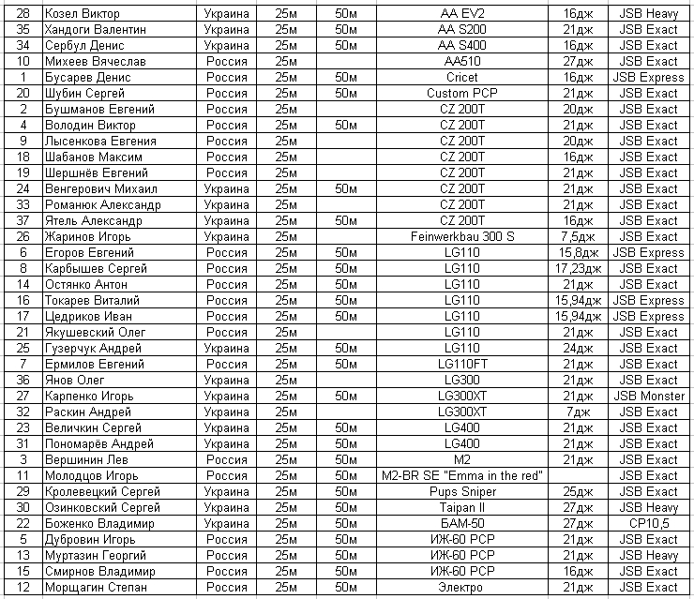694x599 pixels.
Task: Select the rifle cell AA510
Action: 461,61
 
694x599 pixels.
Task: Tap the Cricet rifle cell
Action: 461,77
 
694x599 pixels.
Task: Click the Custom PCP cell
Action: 461,93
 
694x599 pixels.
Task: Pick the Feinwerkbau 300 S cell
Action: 461,236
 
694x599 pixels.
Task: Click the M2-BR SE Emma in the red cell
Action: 461,475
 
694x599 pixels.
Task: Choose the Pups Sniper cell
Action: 461,491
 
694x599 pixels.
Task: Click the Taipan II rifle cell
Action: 461,507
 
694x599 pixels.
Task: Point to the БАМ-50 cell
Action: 461,523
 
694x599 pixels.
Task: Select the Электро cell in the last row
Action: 461,587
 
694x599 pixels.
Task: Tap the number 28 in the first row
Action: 23,13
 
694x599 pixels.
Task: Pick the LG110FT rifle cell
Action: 461,364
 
